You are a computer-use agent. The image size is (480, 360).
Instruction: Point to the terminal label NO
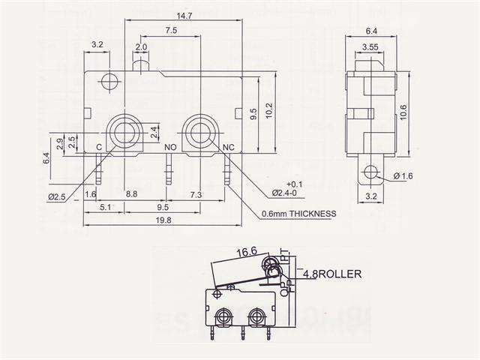click(170, 148)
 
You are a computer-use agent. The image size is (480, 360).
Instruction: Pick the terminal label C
click(99, 148)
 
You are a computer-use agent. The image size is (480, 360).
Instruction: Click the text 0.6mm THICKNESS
click(298, 214)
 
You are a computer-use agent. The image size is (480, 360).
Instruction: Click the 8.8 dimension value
click(130, 195)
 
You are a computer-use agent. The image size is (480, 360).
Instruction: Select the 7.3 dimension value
click(196, 195)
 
